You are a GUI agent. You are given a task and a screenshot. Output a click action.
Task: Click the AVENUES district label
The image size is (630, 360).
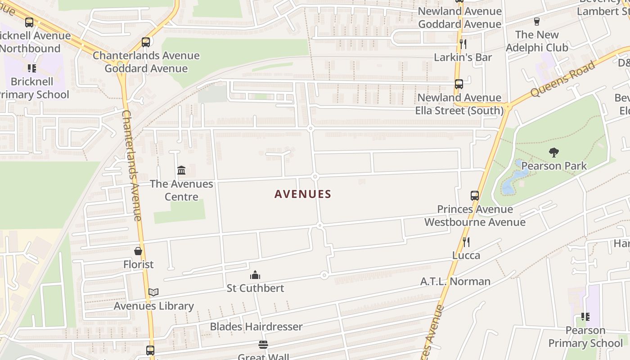[303, 194]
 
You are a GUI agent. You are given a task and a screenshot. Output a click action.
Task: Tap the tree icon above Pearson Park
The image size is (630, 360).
[554, 153]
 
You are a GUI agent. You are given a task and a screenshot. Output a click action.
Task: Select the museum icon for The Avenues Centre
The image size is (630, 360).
[181, 170]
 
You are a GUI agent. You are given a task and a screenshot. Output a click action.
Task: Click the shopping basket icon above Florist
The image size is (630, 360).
[138, 251]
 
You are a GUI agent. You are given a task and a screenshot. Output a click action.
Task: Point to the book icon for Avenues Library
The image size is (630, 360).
[153, 292]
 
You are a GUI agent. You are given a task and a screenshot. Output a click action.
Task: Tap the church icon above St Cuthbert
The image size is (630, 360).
[255, 275]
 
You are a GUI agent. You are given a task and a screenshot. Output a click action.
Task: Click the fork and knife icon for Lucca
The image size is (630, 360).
[466, 242]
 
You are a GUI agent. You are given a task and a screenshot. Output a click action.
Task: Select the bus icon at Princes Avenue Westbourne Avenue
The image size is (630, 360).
[475, 196]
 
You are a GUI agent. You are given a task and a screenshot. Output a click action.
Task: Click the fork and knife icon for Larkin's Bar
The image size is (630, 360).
[463, 44]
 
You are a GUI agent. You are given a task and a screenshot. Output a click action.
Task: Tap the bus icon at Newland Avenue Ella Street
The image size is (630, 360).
[459, 84]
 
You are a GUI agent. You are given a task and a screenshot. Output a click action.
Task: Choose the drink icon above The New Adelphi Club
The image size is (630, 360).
[536, 22]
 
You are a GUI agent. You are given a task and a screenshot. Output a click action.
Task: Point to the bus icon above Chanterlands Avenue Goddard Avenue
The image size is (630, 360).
[146, 42]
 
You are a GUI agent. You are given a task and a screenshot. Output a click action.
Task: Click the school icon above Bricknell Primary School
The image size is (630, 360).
[31, 68]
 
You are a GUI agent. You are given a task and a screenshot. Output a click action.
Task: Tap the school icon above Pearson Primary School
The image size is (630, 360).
[585, 317]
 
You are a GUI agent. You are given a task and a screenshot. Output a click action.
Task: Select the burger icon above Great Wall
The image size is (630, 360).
[263, 345]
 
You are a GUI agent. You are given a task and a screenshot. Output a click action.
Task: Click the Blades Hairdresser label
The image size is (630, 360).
[256, 327]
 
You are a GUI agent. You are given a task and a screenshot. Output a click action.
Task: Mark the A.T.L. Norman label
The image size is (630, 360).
[455, 282]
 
